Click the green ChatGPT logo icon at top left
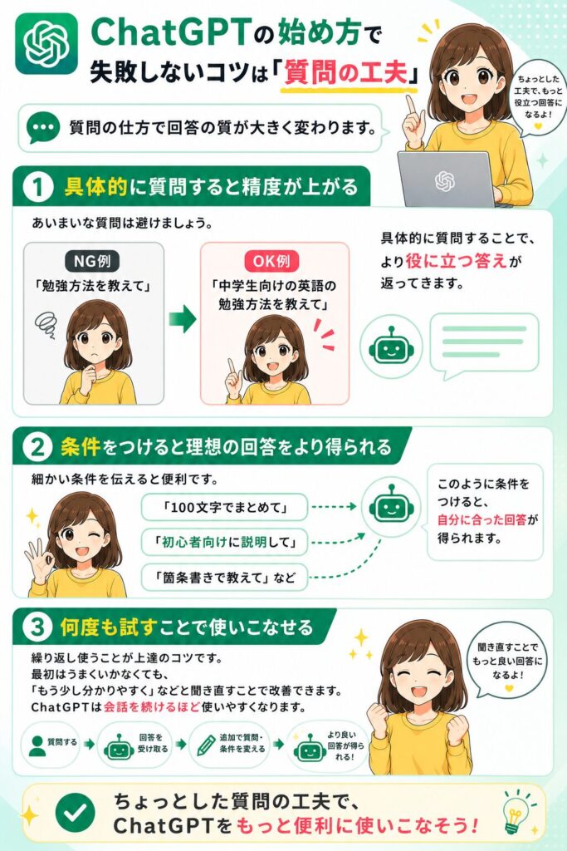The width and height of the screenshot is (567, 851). [46, 43]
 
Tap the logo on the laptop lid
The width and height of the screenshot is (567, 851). [445, 181]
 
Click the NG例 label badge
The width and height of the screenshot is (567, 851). [93, 261]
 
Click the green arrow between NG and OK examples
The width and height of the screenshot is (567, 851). [182, 318]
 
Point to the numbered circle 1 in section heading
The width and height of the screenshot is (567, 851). [38, 187]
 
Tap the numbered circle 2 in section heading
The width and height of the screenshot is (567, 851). [38, 447]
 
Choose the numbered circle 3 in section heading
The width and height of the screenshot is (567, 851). [38, 627]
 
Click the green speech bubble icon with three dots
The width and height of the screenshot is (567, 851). [43, 127]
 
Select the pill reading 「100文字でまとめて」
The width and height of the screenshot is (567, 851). [224, 508]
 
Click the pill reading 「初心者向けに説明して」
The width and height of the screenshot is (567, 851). [224, 542]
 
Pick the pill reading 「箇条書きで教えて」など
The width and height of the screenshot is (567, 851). [224, 577]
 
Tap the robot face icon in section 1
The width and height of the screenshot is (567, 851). [391, 347]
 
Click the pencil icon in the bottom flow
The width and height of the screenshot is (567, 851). [206, 745]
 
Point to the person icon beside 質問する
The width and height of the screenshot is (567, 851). [37, 745]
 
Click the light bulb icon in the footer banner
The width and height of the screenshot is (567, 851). [516, 813]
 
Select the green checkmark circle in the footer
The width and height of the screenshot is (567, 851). [76, 812]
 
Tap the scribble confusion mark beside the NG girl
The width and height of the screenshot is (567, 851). [45, 325]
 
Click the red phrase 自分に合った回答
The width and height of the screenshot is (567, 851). [481, 519]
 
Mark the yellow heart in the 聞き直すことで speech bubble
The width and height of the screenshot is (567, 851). [508, 688]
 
